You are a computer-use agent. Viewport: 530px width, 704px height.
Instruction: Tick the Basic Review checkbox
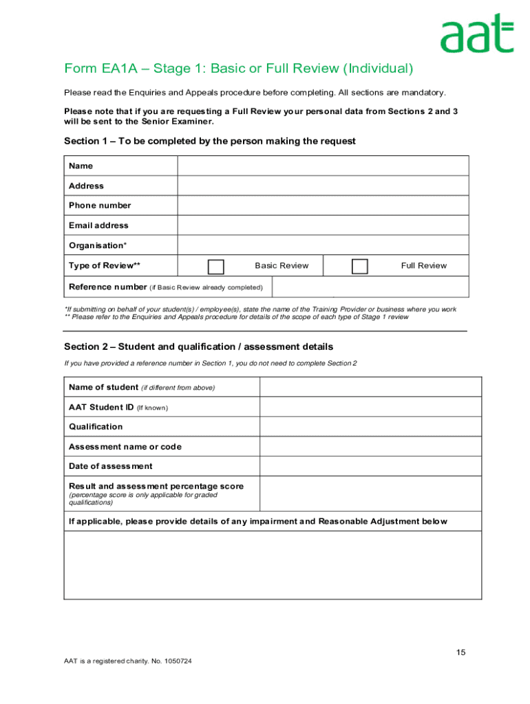click(216, 267)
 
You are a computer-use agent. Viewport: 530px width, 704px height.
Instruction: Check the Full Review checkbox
click(359, 267)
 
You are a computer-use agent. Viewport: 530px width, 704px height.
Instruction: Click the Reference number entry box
click(370, 287)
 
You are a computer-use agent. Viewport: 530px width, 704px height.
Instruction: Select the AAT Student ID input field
click(370, 407)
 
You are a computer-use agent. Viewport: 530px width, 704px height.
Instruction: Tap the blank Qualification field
click(370, 426)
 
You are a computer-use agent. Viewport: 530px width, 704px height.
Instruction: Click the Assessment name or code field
click(370, 446)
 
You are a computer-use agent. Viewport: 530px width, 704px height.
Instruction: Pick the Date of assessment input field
click(370, 466)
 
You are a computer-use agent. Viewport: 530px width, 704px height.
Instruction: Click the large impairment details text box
click(273, 565)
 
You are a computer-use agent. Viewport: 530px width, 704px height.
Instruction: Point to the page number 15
click(460, 652)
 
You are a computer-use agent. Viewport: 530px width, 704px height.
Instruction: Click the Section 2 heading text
click(198, 346)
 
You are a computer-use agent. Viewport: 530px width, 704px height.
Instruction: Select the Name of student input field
click(370, 387)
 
